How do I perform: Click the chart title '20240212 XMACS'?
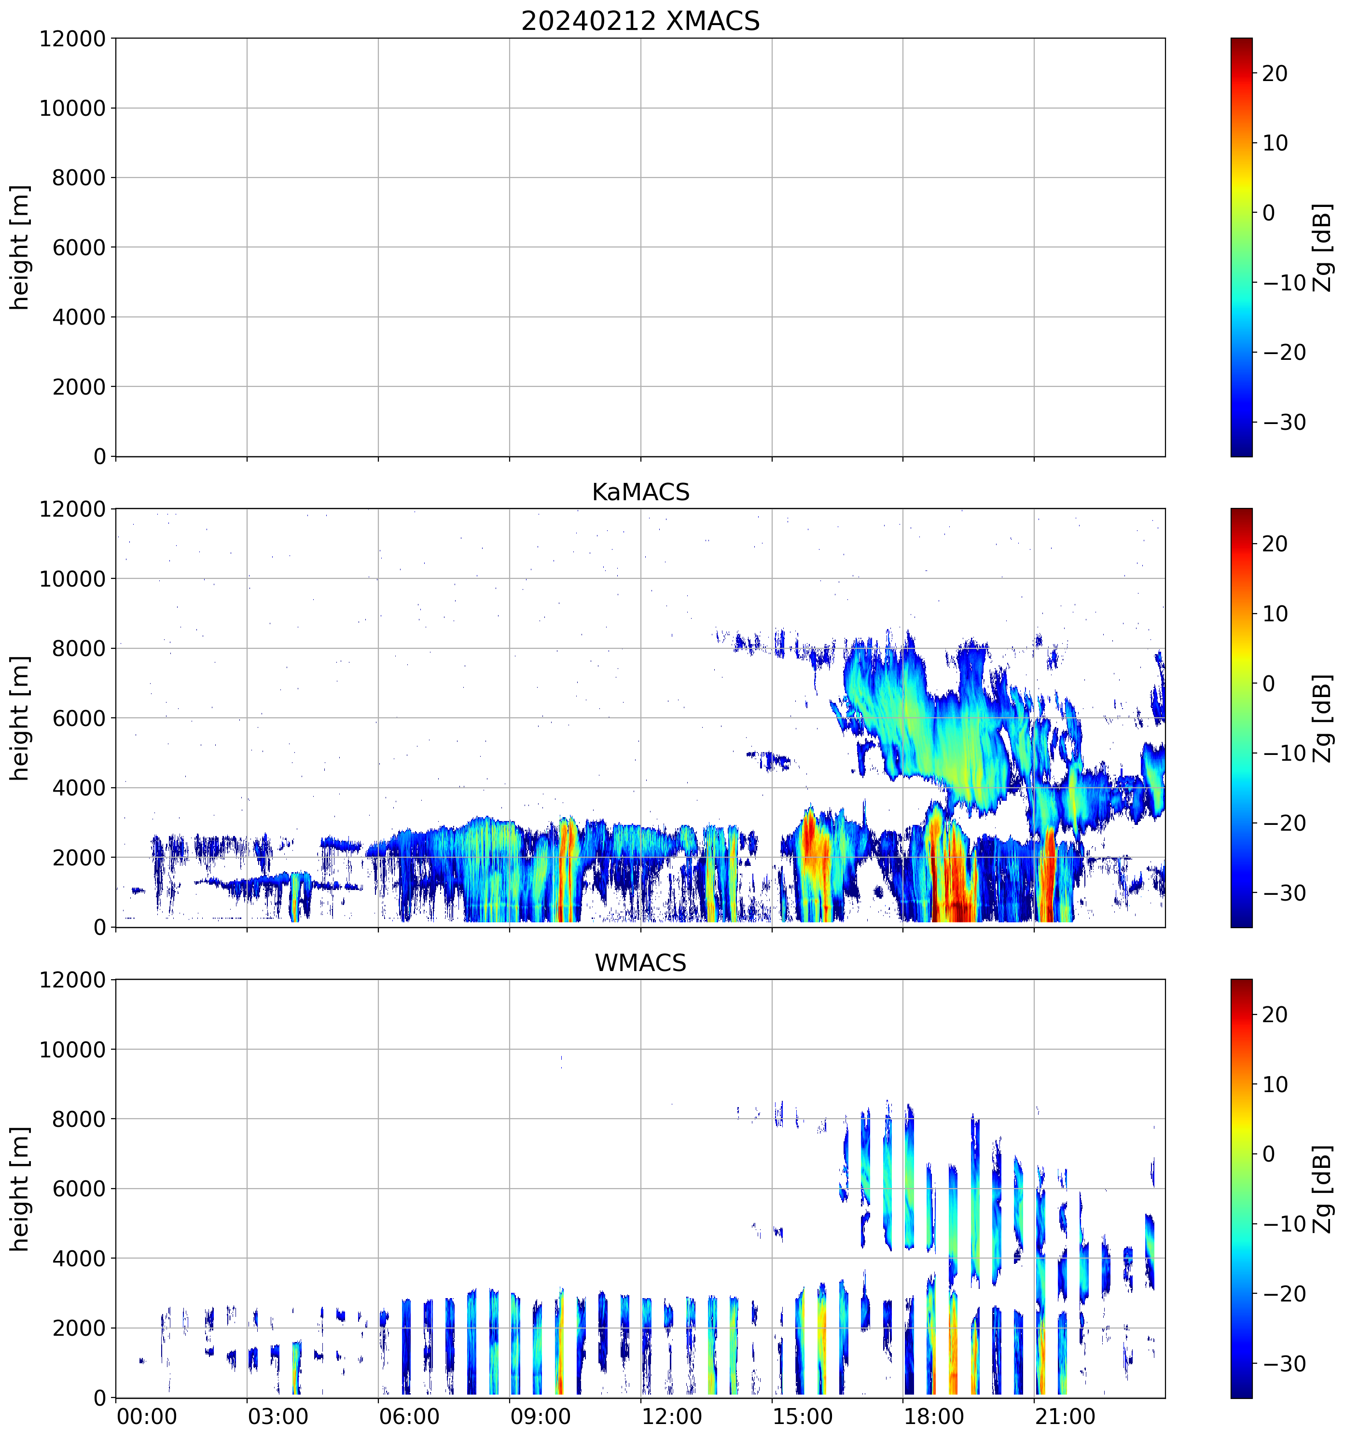pos(640,21)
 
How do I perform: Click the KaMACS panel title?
pos(640,492)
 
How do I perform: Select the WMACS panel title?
pos(640,963)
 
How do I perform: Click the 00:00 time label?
pos(147,1416)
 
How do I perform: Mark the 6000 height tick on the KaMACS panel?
pos(79,718)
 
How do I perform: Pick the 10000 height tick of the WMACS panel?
pos(72,1050)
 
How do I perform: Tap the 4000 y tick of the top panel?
pos(79,317)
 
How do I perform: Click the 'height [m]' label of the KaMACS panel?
pos(20,718)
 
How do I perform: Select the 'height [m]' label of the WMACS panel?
pos(20,1189)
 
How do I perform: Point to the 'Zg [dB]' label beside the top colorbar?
pos(1323,247)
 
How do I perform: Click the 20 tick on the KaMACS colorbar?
pos(1276,544)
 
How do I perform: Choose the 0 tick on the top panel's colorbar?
pos(1268,213)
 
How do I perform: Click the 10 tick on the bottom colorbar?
pos(1276,1084)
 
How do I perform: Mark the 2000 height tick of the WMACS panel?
pos(79,1328)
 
